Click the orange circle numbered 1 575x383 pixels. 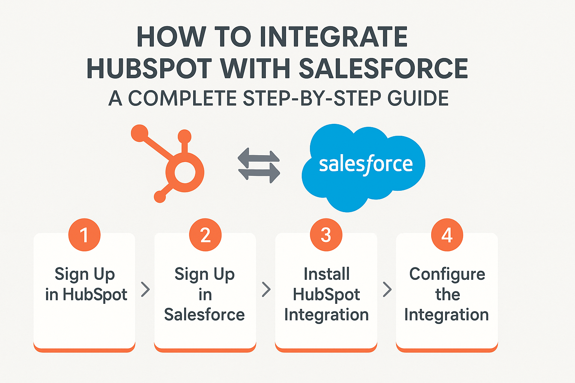coord(85,235)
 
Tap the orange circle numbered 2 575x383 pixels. coord(206,235)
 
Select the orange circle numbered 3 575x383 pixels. coord(326,235)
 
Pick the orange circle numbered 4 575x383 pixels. coord(447,235)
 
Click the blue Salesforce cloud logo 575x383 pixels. coord(363,168)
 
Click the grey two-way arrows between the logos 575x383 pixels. coord(259,165)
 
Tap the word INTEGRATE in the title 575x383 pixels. coord(334,37)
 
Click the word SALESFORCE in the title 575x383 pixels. coord(383,68)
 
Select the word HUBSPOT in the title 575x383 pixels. coord(149,68)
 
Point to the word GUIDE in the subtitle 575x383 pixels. coord(418,98)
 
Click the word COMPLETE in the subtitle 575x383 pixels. coord(182,98)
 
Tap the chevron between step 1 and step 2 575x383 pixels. coord(146,289)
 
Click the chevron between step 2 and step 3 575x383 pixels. coord(266,289)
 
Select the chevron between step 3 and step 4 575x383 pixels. coord(387,289)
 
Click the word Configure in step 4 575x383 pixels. coord(447,275)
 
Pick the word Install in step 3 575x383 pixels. coord(326,274)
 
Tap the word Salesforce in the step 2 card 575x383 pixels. coord(205,315)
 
